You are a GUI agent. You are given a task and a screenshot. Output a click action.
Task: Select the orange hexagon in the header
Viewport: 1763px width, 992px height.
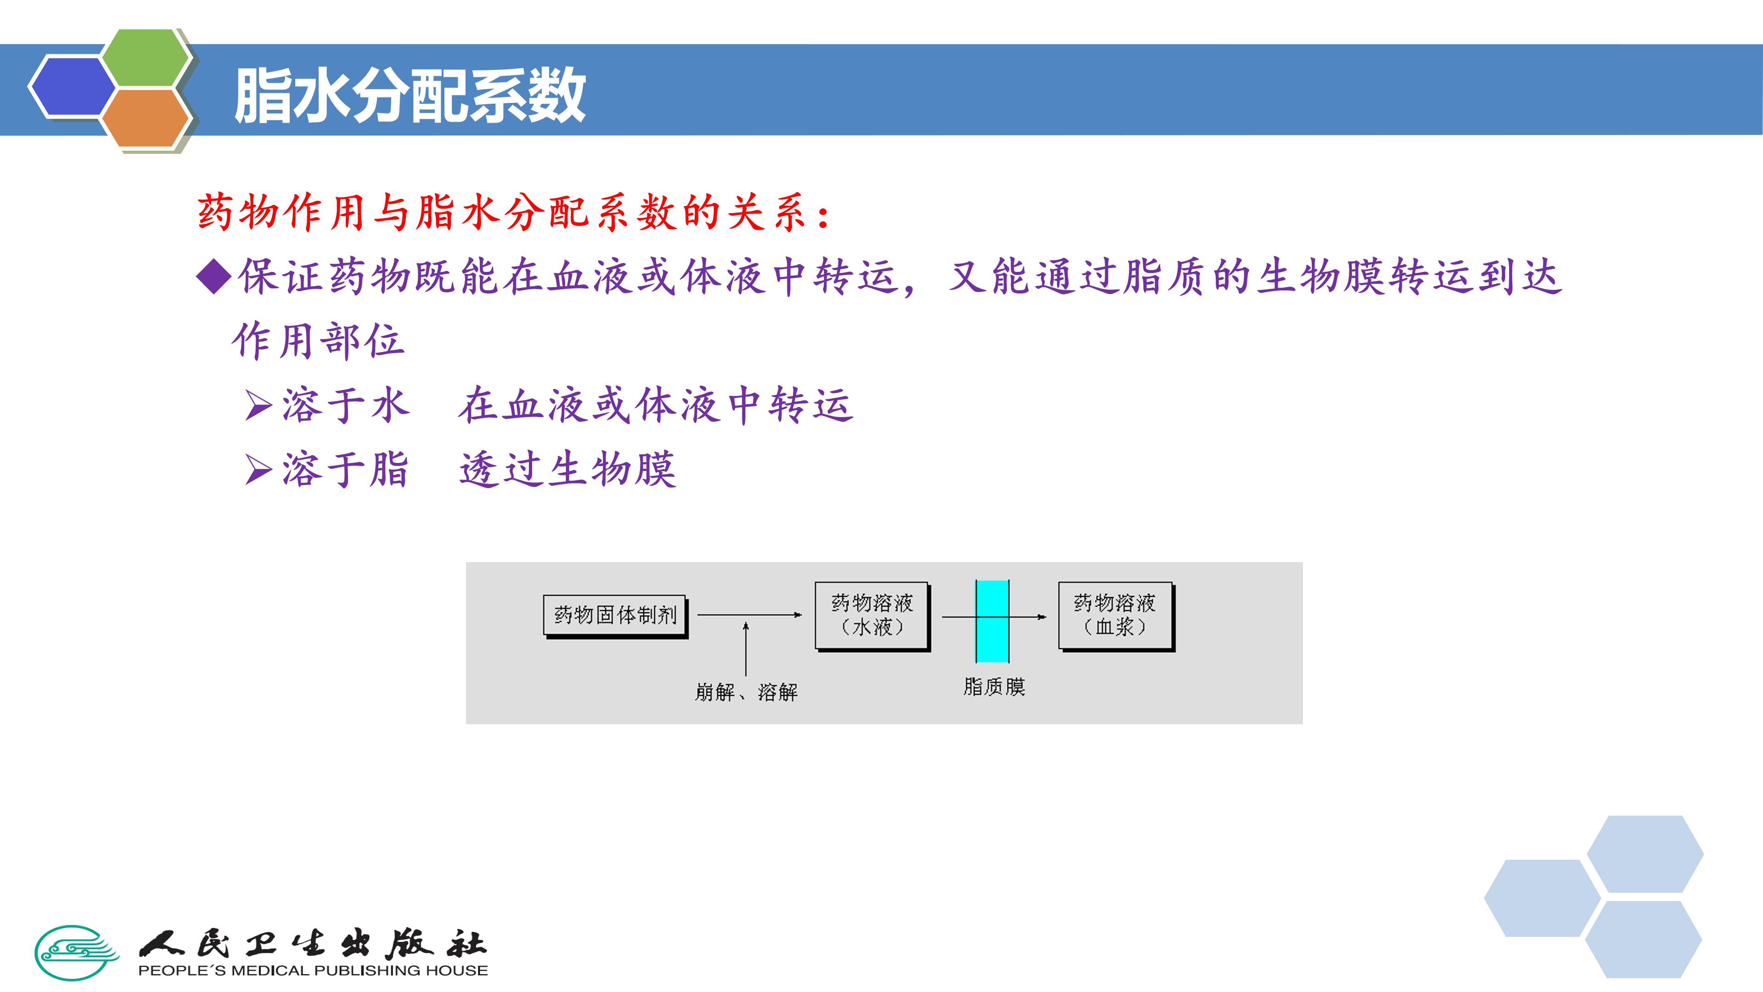point(146,117)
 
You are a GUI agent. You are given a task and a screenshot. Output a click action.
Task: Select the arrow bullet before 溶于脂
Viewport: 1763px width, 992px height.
point(258,470)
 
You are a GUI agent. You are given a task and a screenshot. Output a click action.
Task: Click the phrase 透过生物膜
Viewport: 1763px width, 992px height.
point(568,470)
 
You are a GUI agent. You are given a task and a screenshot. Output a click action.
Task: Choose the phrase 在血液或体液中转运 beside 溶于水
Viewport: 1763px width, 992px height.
point(656,405)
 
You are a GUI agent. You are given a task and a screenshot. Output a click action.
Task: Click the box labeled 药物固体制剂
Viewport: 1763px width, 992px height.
point(615,615)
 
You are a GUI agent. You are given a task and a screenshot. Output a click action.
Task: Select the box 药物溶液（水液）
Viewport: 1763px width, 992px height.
point(871,615)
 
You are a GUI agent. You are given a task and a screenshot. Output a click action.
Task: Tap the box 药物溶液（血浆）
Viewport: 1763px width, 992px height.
point(1115,615)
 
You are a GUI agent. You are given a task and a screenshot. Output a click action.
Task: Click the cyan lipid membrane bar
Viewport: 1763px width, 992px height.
point(992,621)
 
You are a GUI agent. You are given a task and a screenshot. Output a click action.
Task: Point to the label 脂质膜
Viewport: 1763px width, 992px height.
point(994,687)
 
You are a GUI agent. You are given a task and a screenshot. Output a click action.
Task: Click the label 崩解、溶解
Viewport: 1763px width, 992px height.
point(746,692)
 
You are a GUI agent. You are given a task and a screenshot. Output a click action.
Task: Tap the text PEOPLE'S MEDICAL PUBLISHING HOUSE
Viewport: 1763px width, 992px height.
point(313,971)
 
